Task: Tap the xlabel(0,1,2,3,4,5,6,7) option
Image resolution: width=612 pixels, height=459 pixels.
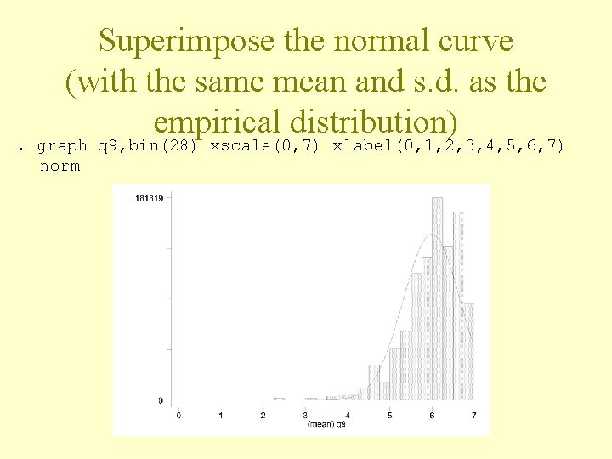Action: (x=448, y=145)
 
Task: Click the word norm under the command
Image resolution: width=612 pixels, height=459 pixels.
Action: (x=59, y=166)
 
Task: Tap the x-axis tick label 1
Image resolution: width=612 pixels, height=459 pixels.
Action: (x=221, y=415)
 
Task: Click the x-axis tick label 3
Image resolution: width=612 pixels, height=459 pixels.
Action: (x=305, y=415)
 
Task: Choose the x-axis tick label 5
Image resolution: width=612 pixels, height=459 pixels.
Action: (x=389, y=415)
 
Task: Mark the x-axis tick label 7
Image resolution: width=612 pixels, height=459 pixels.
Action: (x=473, y=415)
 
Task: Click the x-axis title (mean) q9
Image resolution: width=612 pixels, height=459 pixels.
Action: (x=327, y=424)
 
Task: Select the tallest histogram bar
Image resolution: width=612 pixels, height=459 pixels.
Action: (x=438, y=297)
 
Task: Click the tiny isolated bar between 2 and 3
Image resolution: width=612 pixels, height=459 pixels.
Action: (x=279, y=399)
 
